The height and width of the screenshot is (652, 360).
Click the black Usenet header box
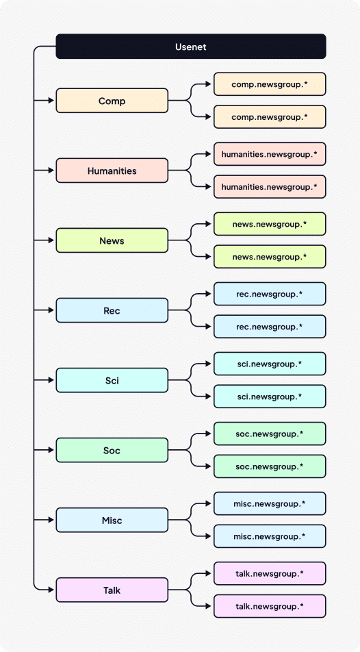coord(190,47)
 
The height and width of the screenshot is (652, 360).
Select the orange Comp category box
coord(112,101)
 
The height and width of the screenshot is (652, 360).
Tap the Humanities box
coord(112,171)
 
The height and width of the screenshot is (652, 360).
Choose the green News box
coord(112,240)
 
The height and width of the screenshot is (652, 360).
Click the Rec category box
coord(112,310)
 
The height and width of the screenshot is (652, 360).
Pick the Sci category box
coord(112,380)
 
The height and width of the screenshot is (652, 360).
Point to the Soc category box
coord(112,450)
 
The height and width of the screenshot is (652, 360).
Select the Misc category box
coord(112,520)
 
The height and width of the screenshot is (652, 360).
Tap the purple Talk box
coord(112,590)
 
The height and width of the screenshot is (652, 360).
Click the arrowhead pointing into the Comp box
coord(51,101)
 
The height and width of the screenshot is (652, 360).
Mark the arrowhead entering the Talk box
coord(51,590)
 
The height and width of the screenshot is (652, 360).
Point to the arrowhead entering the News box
coord(51,240)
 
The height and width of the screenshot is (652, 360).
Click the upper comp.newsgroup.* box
coord(270,84)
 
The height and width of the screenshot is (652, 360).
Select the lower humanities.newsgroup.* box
coord(270,186)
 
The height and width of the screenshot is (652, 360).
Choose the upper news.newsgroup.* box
coord(270,224)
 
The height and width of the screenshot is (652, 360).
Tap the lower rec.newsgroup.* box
coord(270,326)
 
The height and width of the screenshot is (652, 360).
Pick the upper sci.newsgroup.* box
coord(270,364)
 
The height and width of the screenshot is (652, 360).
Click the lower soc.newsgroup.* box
coord(270,466)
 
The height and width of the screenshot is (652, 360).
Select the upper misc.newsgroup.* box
coord(270,503)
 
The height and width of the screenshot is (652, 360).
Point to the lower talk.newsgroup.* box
coord(270,605)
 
